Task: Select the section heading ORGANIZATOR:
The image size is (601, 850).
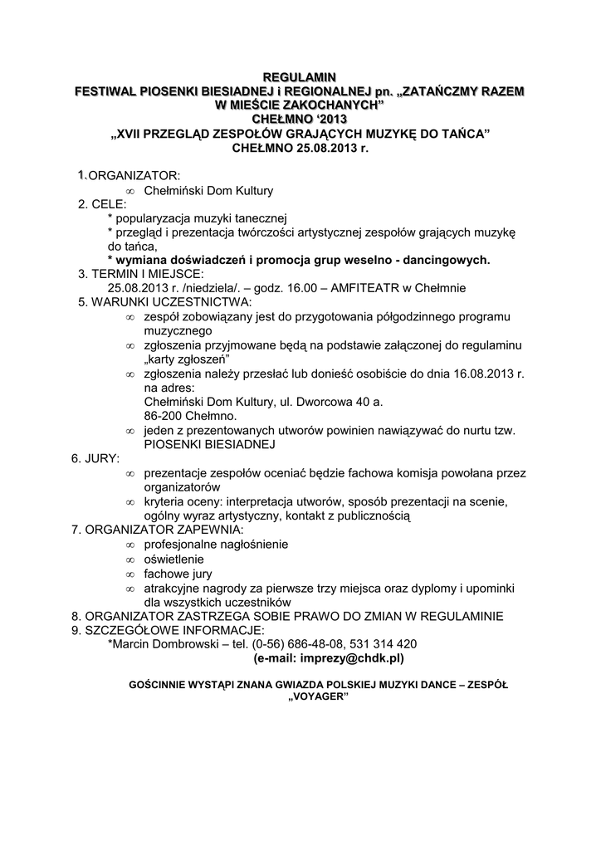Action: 134,177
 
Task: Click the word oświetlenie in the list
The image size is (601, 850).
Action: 174,559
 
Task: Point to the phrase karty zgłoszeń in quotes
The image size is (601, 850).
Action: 186,359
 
